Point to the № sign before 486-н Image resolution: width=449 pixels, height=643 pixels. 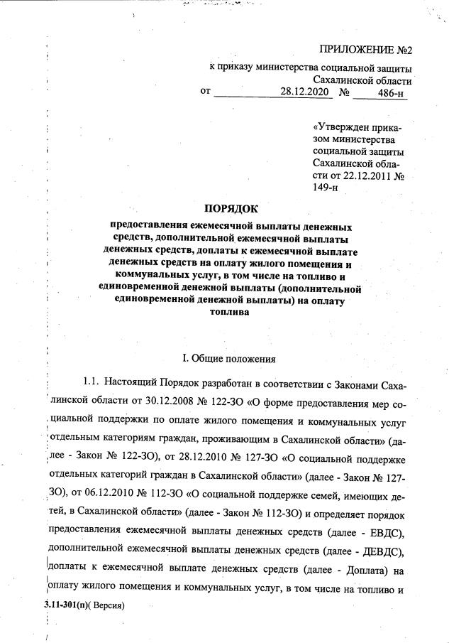(x=346, y=93)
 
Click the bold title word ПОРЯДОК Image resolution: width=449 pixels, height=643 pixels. (x=232, y=209)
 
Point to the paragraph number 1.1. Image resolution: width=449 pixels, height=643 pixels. (x=95, y=384)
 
